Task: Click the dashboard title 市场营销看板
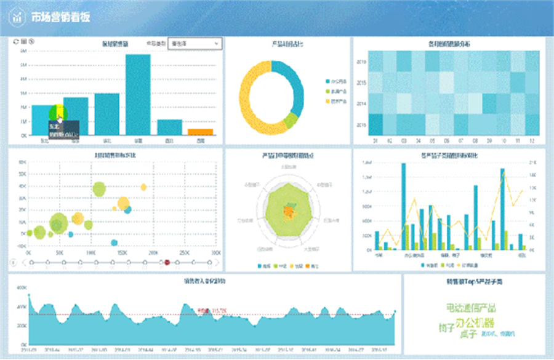pos(60,17)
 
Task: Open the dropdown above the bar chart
pos(194,44)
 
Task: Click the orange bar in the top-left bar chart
pos(200,132)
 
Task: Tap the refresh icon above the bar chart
pos(15,42)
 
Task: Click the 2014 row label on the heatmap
pos(362,103)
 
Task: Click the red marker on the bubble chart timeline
pos(167,263)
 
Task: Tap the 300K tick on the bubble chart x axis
pos(215,253)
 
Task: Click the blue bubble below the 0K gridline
pos(114,242)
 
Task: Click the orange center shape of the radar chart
pos(287,212)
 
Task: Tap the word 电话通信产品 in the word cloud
pos(470,308)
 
